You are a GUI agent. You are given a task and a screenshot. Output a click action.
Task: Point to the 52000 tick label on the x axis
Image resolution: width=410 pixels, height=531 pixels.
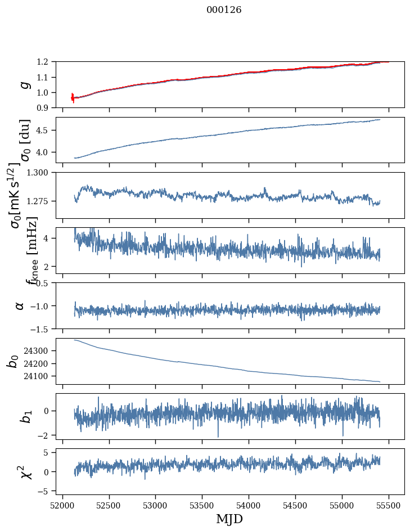pos(62,505)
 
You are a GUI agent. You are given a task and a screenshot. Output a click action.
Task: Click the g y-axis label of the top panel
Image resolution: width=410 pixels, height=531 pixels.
pos(24,84)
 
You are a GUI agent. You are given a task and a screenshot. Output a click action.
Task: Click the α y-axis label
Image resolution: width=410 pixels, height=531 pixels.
pos(20,305)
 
